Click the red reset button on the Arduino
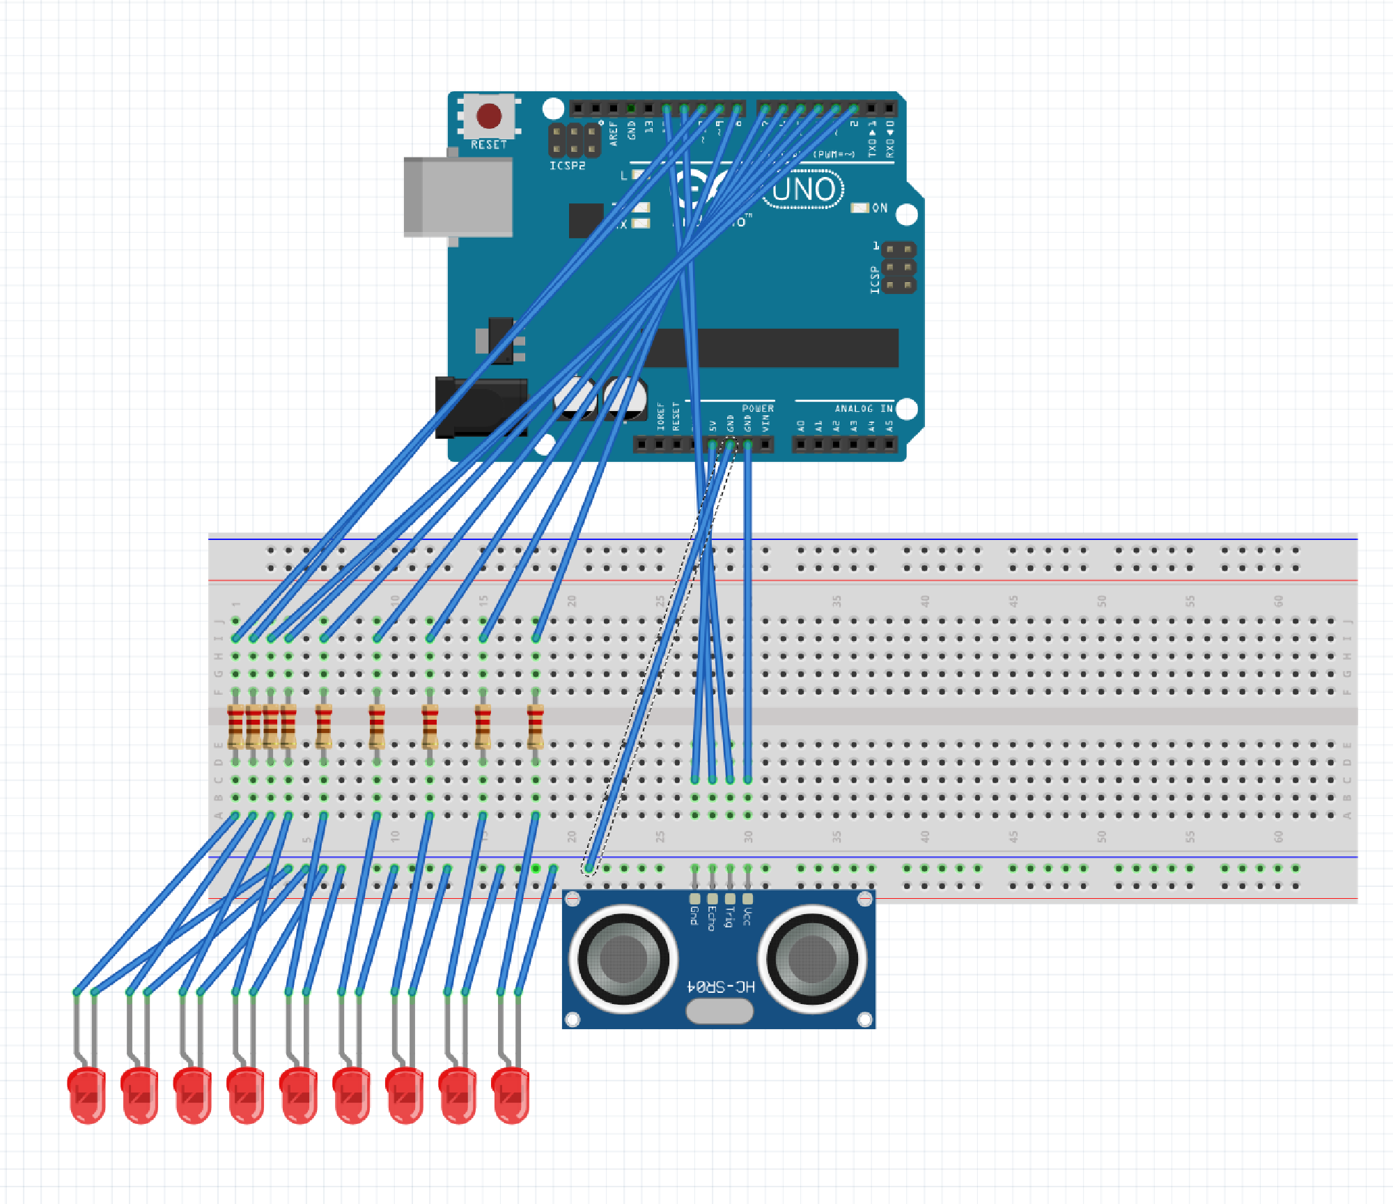pyautogui.click(x=488, y=116)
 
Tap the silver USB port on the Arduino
pyautogui.click(x=458, y=196)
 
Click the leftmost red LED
pyautogui.click(x=87, y=1095)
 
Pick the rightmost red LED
pyautogui.click(x=511, y=1095)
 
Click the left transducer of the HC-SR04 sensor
pyautogui.click(x=623, y=958)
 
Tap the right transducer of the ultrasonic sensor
pyautogui.click(x=811, y=958)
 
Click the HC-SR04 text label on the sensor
pyautogui.click(x=720, y=987)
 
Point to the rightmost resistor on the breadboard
pyautogui.click(x=535, y=726)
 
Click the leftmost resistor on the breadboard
pyautogui.click(x=235, y=726)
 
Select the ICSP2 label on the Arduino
pyautogui.click(x=567, y=166)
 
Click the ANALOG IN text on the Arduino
pyautogui.click(x=863, y=408)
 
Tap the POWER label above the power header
pyautogui.click(x=757, y=408)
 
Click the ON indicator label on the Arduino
pyautogui.click(x=879, y=208)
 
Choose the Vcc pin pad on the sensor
pyautogui.click(x=747, y=899)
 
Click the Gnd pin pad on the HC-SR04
pyautogui.click(x=694, y=899)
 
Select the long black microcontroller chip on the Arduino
pyautogui.click(x=770, y=348)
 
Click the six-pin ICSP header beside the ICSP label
pyautogui.click(x=898, y=268)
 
